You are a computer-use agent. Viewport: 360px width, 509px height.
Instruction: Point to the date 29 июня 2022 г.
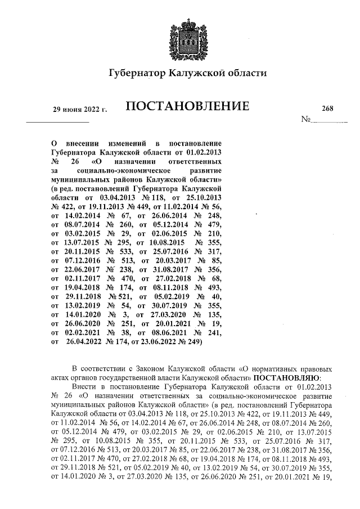click(79, 109)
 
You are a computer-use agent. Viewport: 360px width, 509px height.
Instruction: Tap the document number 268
click(327, 109)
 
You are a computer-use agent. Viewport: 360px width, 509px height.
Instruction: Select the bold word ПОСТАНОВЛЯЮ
click(289, 378)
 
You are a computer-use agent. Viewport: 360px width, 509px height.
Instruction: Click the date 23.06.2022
click(166, 341)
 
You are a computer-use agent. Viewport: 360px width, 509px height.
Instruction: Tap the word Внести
click(85, 388)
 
